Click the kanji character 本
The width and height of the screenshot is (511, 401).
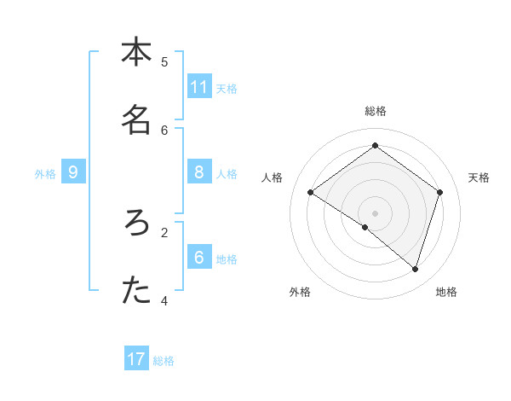[x=135, y=52]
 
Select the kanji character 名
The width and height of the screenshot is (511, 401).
[x=135, y=120]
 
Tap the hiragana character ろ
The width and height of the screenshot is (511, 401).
[x=135, y=224]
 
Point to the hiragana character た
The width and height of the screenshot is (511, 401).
[x=135, y=291]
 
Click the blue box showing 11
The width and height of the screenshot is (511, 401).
[x=199, y=87]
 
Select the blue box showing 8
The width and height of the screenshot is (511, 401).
[x=199, y=172]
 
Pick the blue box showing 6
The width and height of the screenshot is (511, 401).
[x=199, y=257]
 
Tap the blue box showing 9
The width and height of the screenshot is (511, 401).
[x=73, y=172]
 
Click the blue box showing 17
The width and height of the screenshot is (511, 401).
[x=136, y=359]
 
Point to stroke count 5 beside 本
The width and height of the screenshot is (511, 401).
[x=164, y=61]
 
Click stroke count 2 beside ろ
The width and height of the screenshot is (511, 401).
[x=164, y=231]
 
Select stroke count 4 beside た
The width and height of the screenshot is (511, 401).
[x=164, y=300]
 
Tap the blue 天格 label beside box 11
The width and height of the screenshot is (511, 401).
[x=227, y=88]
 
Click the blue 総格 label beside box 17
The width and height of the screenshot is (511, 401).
[x=164, y=361]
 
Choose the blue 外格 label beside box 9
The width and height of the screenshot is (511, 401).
[x=45, y=174]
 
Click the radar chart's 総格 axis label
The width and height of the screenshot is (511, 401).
[x=376, y=111]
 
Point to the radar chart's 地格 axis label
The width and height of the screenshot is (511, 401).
[x=446, y=292]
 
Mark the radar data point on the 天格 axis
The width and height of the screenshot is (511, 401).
[x=439, y=192]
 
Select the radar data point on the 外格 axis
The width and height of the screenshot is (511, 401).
[x=365, y=227]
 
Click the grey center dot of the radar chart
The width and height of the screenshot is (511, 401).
[x=376, y=212]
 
